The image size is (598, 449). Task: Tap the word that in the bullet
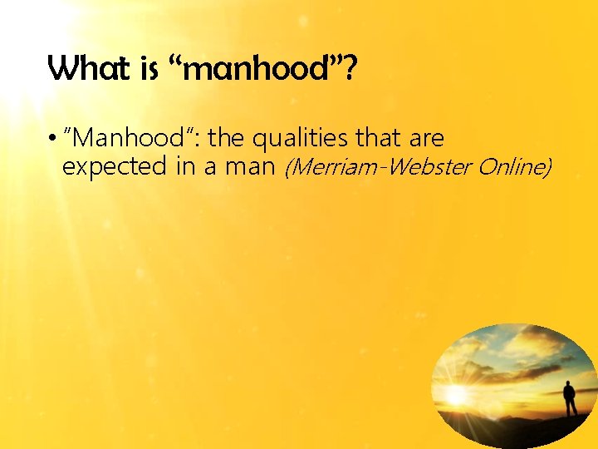380,138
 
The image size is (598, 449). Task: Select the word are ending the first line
426,138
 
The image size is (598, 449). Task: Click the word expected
114,167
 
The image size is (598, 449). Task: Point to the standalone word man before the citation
250,167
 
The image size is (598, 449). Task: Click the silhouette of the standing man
570,398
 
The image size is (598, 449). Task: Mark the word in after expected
184,167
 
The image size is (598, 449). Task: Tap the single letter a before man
210,168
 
